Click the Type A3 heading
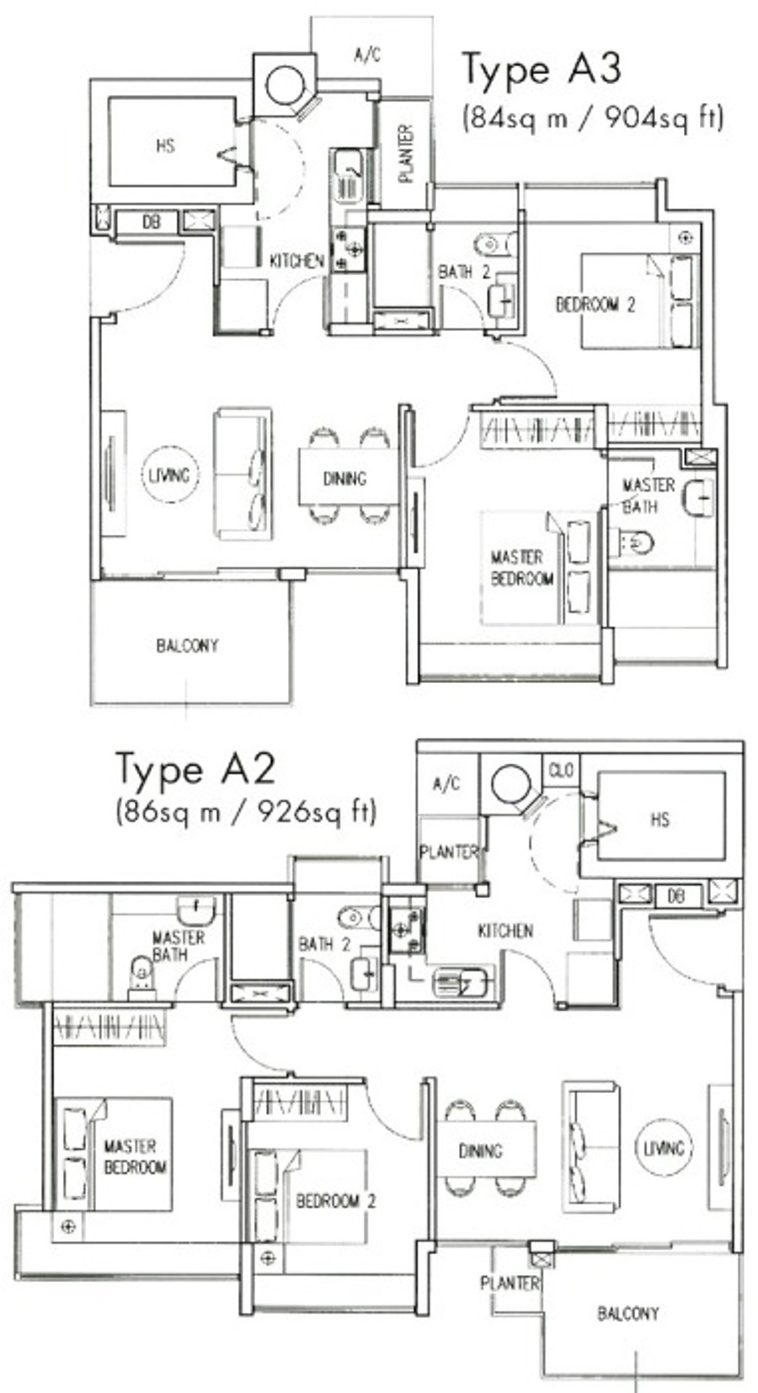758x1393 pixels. [542, 70]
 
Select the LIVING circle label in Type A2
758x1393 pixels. [663, 1147]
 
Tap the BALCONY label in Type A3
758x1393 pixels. [187, 645]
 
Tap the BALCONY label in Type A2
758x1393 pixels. [628, 1313]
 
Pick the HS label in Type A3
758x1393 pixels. [165, 147]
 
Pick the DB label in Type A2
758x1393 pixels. [676, 896]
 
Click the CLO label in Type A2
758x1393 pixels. [561, 771]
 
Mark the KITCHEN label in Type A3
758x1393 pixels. [296, 261]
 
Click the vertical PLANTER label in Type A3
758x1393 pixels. [405, 153]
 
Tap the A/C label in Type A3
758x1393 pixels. [367, 56]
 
